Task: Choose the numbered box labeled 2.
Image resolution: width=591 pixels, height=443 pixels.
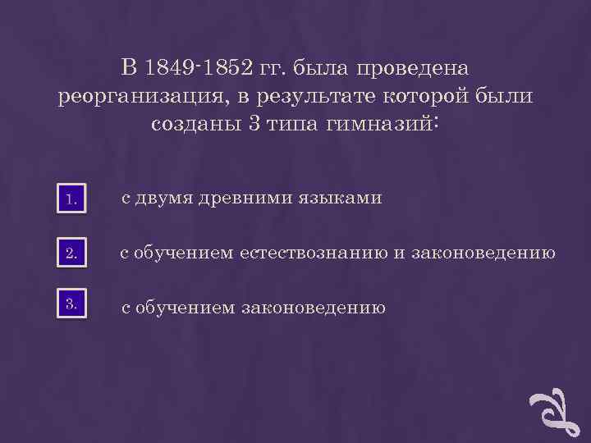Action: pos(72,254)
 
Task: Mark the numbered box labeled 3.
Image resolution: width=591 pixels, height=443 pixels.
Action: pos(72,305)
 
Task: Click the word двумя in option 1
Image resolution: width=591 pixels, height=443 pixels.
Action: pos(165,199)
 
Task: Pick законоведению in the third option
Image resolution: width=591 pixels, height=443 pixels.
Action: pos(312,308)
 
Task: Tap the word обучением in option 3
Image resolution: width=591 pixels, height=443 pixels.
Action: pos(186,308)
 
